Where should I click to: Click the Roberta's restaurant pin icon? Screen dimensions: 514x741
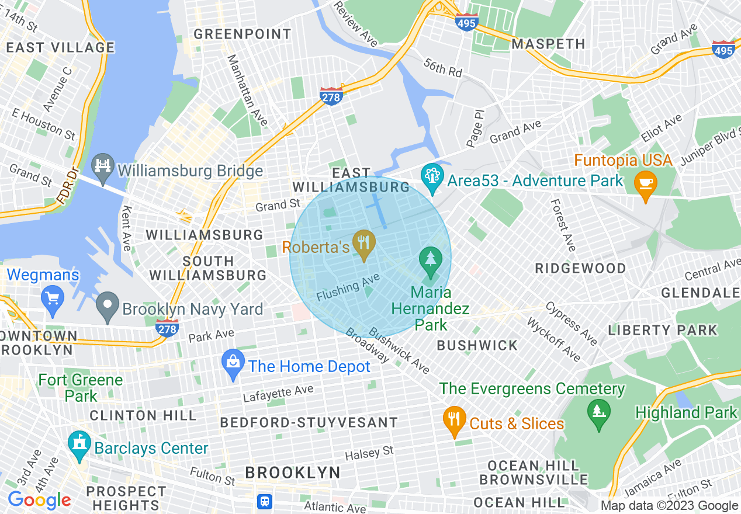(365, 245)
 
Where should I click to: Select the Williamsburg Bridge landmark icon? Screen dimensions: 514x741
(104, 169)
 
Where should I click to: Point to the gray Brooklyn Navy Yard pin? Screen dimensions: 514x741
(108, 307)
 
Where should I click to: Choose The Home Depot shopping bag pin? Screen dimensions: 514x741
(233, 364)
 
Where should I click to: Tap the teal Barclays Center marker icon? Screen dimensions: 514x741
(79, 446)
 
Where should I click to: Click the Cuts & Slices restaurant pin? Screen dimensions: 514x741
(454, 421)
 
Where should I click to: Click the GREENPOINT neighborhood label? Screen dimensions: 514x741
(243, 34)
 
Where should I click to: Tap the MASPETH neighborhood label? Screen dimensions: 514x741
(548, 44)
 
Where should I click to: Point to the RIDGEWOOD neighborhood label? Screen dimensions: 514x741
(580, 268)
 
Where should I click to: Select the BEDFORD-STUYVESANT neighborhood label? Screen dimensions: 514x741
(309, 422)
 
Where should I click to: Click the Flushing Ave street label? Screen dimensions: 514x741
(348, 288)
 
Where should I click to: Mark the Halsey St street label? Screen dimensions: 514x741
(369, 453)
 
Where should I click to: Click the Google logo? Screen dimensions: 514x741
(39, 500)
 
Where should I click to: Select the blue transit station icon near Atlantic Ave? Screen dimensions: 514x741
(265, 501)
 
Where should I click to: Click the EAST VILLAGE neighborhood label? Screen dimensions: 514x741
(61, 47)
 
